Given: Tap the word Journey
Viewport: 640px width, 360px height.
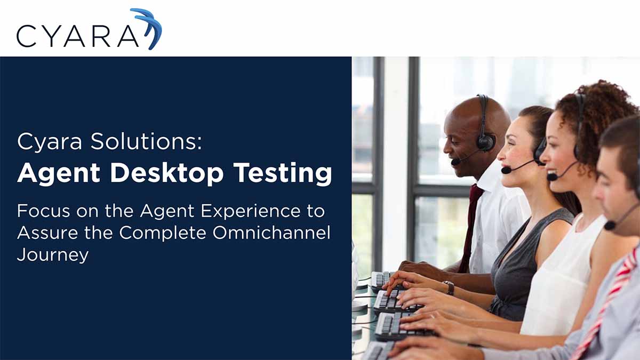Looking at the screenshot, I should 52,254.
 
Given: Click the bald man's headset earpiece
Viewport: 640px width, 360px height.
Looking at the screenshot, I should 485,141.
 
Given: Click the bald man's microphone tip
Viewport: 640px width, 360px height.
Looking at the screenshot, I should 455,161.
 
